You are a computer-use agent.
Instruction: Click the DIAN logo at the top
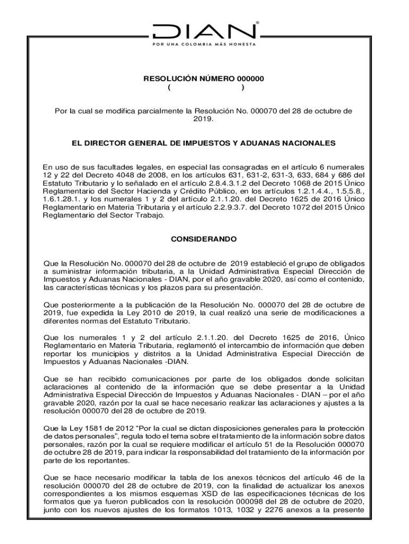(x=204, y=31)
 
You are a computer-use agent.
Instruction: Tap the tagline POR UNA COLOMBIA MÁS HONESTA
(x=204, y=44)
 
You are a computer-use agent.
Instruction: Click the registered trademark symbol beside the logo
(x=258, y=23)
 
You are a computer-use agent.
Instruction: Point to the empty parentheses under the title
(x=204, y=88)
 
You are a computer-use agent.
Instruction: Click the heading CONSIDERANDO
(x=204, y=240)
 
